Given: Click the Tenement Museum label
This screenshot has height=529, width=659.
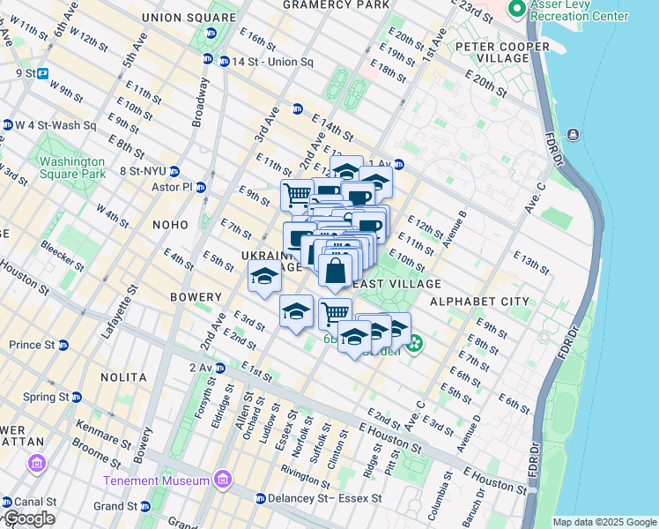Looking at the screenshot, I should pos(156,481).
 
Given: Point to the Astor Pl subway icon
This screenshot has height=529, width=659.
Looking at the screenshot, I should pos(202,187).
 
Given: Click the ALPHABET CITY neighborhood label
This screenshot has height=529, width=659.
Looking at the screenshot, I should pos(479,302).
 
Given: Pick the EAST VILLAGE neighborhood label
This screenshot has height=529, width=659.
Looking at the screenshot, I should pos(396,284).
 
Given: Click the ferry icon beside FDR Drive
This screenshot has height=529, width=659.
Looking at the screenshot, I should pos(574,134).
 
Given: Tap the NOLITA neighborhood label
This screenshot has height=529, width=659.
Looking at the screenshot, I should pos(123,377).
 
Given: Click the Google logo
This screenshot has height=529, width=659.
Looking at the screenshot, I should pos(28,518).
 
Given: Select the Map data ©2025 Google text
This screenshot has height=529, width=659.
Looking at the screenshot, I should pos(604,522).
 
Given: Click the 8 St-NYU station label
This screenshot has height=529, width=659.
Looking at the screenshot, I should pos(137,171).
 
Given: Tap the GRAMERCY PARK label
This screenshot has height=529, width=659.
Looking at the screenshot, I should pos(336,5).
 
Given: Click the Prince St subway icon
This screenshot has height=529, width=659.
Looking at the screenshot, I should pos(64,344).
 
